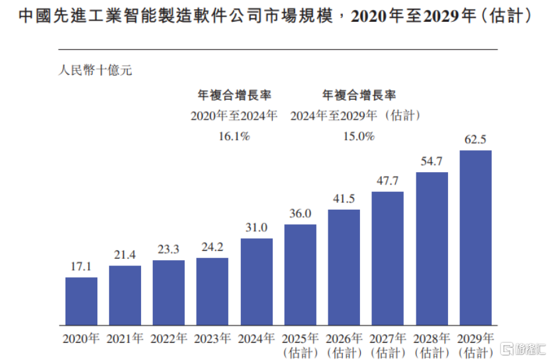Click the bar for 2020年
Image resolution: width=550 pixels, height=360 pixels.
[x=81, y=301]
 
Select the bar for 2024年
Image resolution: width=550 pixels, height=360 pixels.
[x=257, y=281]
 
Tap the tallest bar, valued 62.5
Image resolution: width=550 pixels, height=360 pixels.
[x=475, y=238]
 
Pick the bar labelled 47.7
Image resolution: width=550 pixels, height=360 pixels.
[x=388, y=258]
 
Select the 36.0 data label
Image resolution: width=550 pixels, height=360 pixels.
[x=300, y=213]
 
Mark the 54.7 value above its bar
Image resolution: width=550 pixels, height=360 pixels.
[x=432, y=161]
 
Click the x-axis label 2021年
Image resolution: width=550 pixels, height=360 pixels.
[x=125, y=339]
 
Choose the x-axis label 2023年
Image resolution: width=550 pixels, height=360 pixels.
[x=213, y=339]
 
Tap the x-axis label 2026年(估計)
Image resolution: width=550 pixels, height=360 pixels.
[x=344, y=345]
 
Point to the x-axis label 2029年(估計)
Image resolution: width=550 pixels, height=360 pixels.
[x=475, y=345]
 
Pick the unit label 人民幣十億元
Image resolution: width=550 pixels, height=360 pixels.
[x=95, y=69]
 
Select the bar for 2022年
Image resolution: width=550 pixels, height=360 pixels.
[x=169, y=292]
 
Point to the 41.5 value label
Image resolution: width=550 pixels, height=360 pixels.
[x=344, y=198]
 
